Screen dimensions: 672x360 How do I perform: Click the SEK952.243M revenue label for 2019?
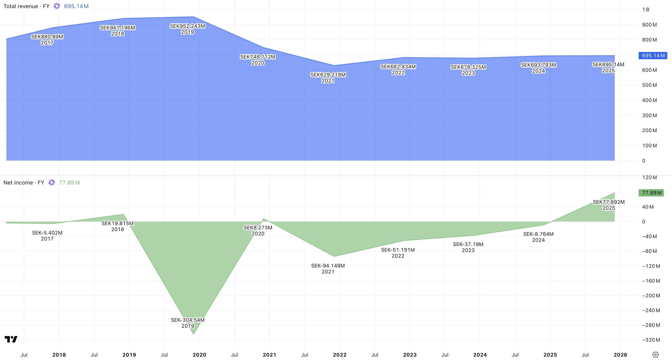click(x=187, y=26)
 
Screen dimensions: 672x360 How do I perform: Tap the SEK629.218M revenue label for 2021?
click(x=328, y=75)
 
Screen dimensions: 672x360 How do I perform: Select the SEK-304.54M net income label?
click(x=188, y=320)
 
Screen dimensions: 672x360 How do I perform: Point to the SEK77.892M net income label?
click(x=609, y=202)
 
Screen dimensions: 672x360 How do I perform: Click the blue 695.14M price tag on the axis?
click(x=653, y=56)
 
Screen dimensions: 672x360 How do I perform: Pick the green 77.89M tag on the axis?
click(x=651, y=193)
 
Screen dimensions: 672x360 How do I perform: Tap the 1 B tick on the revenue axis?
click(x=646, y=10)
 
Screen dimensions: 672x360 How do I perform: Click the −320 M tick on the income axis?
click(x=651, y=340)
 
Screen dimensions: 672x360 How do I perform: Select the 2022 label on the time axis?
click(x=340, y=355)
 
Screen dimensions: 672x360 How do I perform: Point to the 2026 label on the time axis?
click(x=620, y=355)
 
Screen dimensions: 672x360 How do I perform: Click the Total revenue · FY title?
click(x=26, y=6)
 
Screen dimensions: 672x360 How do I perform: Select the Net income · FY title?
click(x=24, y=183)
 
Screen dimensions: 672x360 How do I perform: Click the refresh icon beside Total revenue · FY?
click(x=57, y=6)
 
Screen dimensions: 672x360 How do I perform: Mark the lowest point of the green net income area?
click(x=193, y=334)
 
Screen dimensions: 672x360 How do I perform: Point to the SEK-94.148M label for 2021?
click(x=328, y=266)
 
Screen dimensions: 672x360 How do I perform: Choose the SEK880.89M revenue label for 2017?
click(x=47, y=37)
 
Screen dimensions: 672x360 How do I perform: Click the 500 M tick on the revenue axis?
click(x=649, y=85)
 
